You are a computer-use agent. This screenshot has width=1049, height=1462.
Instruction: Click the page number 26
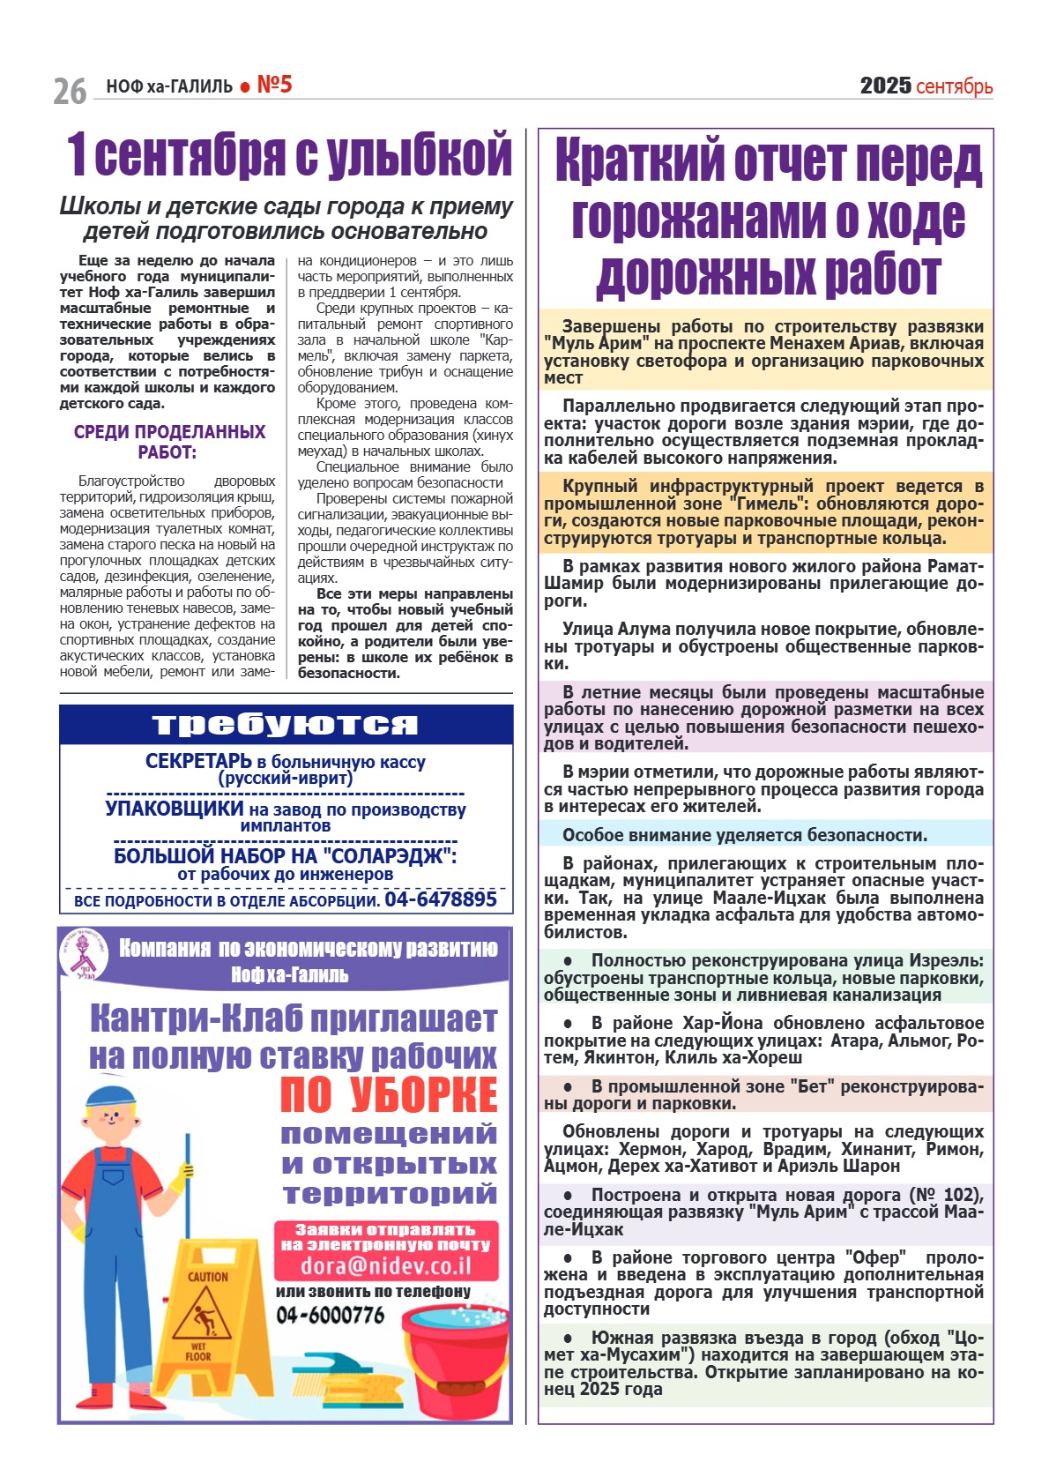(x=70, y=91)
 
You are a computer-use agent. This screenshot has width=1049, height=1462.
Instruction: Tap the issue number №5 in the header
(x=274, y=85)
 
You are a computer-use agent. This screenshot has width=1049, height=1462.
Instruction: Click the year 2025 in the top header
(x=885, y=86)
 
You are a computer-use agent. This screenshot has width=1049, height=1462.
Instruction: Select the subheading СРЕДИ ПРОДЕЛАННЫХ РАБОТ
(x=169, y=442)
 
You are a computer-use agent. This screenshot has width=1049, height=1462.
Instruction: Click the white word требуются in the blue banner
(x=285, y=724)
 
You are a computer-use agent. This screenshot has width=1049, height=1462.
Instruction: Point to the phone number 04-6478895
(x=441, y=899)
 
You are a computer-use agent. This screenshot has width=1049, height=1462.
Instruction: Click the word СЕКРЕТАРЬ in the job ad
(x=198, y=761)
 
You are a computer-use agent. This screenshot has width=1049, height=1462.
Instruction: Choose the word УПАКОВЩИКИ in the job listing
(x=175, y=809)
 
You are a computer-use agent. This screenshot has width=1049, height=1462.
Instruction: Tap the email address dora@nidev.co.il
(x=386, y=1265)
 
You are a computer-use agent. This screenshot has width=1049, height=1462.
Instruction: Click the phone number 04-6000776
(x=331, y=1315)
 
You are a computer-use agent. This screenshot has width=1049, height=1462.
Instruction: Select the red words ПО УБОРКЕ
(x=389, y=1094)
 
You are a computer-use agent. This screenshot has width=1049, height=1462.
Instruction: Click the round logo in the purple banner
(x=84, y=955)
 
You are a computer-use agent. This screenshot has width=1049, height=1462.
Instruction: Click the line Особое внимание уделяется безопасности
(x=745, y=835)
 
